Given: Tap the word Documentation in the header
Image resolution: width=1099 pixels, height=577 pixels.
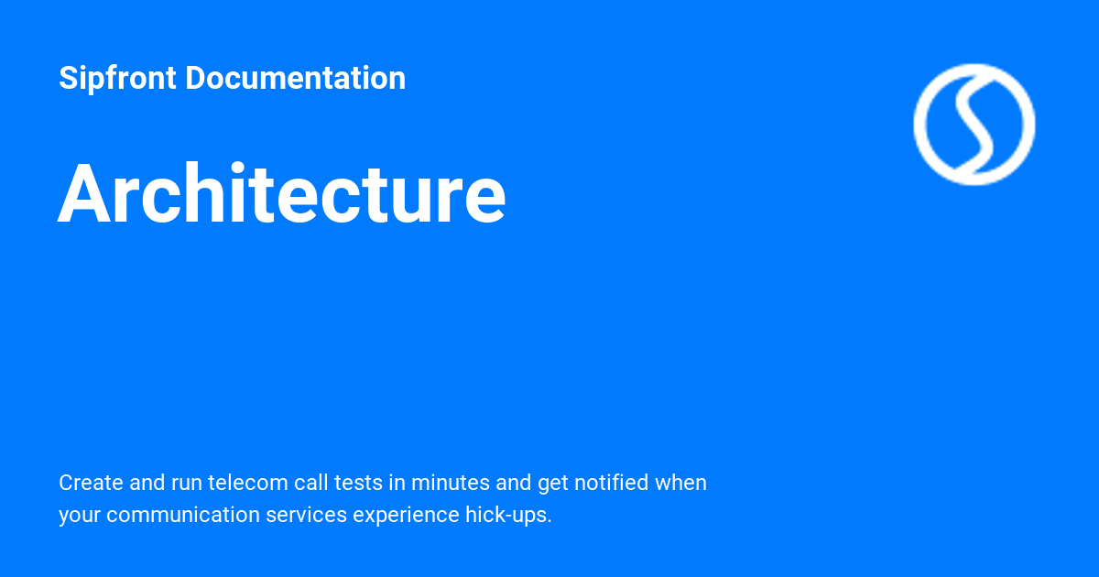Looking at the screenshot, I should pyautogui.click(x=295, y=79).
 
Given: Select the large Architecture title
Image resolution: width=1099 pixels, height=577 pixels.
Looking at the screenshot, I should pyautogui.click(x=282, y=194).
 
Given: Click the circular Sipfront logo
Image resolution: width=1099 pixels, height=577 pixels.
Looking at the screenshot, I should pyautogui.click(x=974, y=124).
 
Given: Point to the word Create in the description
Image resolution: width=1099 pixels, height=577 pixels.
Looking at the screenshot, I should pyautogui.click(x=87, y=483).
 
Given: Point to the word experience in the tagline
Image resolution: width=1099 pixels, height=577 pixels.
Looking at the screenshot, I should pyautogui.click(x=399, y=515).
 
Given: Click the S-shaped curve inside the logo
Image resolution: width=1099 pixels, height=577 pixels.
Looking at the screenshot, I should pyautogui.click(x=974, y=124).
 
